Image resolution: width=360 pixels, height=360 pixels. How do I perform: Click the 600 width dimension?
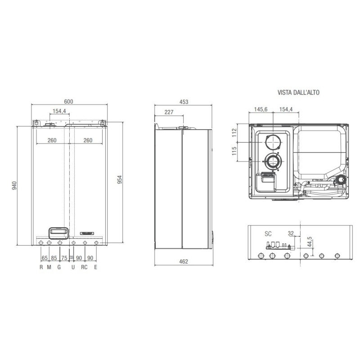68,101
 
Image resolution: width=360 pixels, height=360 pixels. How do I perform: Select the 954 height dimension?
120,179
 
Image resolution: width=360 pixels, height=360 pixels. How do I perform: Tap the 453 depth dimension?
183,102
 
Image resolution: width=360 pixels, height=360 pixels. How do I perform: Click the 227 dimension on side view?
169,112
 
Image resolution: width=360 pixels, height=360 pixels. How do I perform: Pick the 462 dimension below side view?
183,261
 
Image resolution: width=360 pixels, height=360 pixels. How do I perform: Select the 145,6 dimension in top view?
261,110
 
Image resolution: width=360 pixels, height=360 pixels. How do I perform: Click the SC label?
268,234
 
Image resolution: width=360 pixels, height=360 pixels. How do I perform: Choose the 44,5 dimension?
309,241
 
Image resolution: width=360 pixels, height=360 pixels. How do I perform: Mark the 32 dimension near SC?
291,234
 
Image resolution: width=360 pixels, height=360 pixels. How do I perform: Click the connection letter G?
59,267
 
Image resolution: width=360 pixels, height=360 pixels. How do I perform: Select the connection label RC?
84,267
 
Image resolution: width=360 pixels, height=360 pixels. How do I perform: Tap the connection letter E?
96,267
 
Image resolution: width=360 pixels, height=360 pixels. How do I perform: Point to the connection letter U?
73,267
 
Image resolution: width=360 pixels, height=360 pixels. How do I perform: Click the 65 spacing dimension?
45,258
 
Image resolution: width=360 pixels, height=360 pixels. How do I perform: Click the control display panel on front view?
58,232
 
